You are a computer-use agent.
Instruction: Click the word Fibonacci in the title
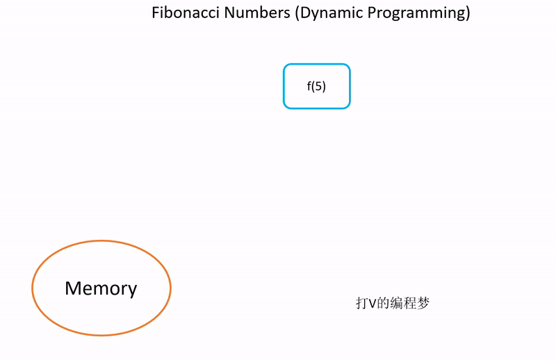186,13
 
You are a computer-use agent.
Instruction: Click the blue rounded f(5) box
316,86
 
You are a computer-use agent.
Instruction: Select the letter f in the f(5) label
309,87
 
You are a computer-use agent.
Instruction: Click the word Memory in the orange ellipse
101,288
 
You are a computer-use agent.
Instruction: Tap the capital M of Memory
73,288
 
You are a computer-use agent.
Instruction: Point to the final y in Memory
132,291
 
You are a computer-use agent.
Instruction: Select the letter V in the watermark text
372,304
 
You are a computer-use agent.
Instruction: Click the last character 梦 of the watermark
423,304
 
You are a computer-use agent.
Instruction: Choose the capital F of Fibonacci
156,13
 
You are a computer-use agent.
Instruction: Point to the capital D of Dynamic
304,13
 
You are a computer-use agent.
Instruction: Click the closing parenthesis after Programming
467,14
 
